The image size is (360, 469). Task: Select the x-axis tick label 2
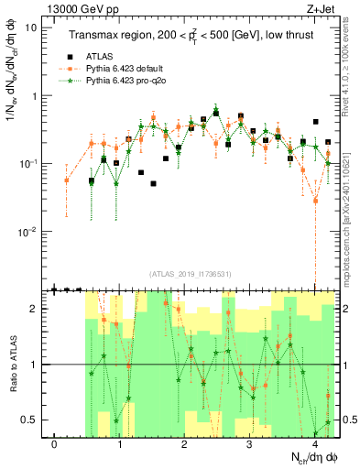184,445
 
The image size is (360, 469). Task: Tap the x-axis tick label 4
314,445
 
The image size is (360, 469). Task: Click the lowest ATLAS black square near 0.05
153,183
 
